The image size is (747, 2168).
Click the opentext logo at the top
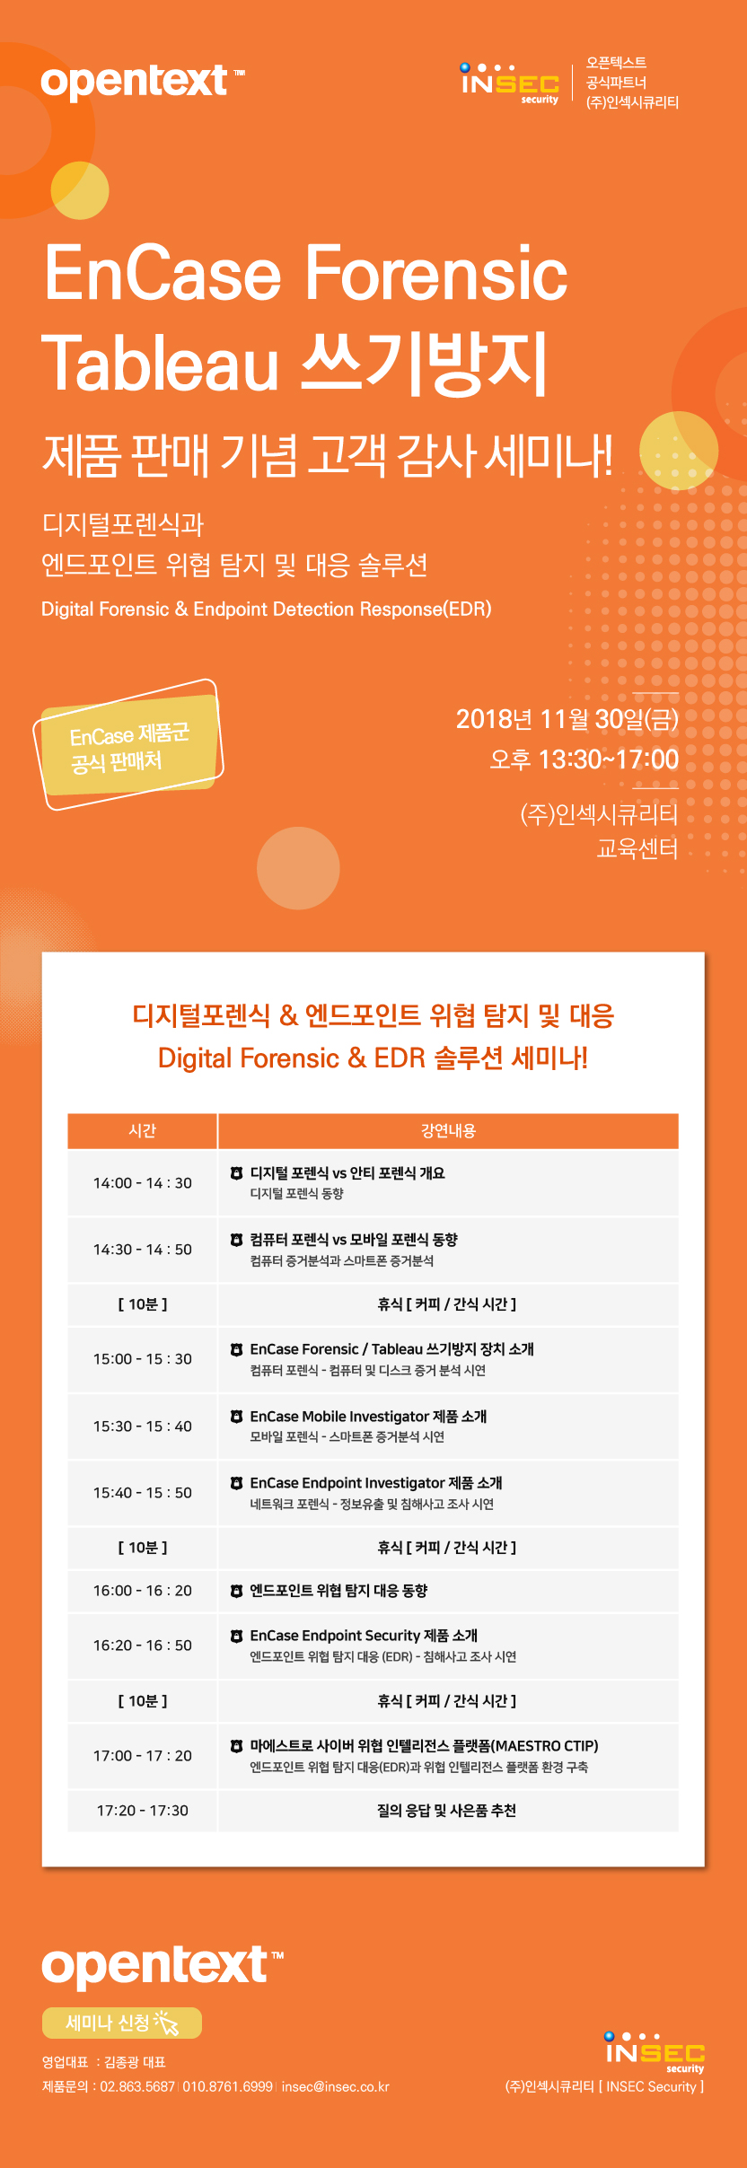tap(142, 82)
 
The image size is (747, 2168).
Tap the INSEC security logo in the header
tap(509, 83)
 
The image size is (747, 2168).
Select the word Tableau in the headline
tap(161, 364)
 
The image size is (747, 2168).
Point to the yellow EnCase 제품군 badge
tap(128, 744)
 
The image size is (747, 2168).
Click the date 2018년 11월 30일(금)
tap(567, 719)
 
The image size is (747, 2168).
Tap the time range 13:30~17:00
tap(608, 759)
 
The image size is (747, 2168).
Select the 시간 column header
tap(143, 1130)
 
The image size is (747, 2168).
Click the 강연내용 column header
tap(448, 1130)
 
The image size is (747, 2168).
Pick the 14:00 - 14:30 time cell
tap(143, 1183)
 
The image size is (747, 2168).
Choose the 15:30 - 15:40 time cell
tap(143, 1426)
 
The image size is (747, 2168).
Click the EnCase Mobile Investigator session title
tap(368, 1417)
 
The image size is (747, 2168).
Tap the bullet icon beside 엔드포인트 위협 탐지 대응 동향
tap(236, 1591)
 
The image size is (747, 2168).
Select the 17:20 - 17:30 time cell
tap(143, 1811)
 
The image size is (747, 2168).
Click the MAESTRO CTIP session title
tap(424, 1746)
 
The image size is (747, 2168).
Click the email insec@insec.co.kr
tap(336, 2086)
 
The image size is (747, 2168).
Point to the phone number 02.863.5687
tap(137, 2086)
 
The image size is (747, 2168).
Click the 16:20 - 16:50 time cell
tap(143, 1646)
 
